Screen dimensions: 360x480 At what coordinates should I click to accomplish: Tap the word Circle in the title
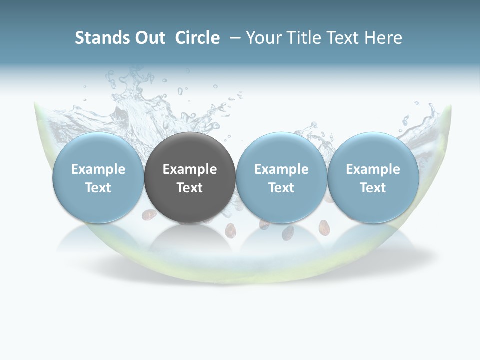[x=197, y=38]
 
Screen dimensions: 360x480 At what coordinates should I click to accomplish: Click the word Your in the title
[x=263, y=38]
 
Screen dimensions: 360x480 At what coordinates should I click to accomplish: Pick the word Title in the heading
[x=302, y=38]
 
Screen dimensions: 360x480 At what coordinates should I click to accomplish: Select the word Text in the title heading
[x=341, y=38]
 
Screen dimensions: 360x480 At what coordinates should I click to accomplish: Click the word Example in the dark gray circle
[x=190, y=169]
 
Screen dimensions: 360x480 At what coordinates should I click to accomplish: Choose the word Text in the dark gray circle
[x=190, y=188]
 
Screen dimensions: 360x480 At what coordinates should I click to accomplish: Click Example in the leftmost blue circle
[x=98, y=169]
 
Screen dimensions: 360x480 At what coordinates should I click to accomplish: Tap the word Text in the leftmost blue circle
[x=98, y=188]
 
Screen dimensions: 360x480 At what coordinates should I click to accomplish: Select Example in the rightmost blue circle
[x=373, y=169]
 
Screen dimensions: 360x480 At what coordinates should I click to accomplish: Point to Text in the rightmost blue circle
[x=373, y=188]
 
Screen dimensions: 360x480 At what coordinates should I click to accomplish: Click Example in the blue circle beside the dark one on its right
[x=281, y=169]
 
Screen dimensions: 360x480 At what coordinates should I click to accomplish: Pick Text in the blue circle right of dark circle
[x=281, y=188]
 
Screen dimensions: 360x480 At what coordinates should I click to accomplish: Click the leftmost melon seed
[x=148, y=215]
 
